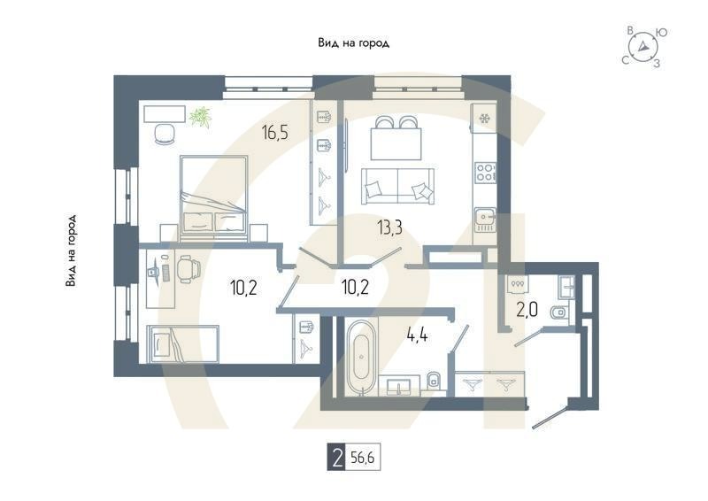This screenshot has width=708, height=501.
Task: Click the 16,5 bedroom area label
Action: coord(275,134)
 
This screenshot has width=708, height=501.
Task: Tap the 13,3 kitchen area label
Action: coord(390,228)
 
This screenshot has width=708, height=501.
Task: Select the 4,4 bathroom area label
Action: coord(417,335)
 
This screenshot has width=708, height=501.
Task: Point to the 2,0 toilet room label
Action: coord(527,311)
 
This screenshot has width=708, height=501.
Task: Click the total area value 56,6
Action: coord(363,459)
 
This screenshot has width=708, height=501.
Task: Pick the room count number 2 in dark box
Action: coord(336,459)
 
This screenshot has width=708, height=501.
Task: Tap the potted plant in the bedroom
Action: coord(201,117)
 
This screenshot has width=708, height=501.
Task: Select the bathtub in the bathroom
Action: coord(361,357)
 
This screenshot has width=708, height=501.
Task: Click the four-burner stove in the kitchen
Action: coord(485,172)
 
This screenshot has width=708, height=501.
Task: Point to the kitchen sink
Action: coord(485,220)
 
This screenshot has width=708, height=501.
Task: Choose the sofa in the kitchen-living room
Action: coord(397,187)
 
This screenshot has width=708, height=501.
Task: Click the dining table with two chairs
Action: coord(396,138)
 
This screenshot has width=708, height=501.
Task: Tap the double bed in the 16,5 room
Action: coord(214,199)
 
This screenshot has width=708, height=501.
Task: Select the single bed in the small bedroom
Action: coord(183,343)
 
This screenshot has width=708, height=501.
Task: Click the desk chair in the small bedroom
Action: coord(189,269)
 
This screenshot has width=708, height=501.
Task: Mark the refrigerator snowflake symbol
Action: coord(485,119)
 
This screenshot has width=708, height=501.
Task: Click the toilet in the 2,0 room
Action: coord(558,312)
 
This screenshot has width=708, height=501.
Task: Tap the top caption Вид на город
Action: coord(353,43)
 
